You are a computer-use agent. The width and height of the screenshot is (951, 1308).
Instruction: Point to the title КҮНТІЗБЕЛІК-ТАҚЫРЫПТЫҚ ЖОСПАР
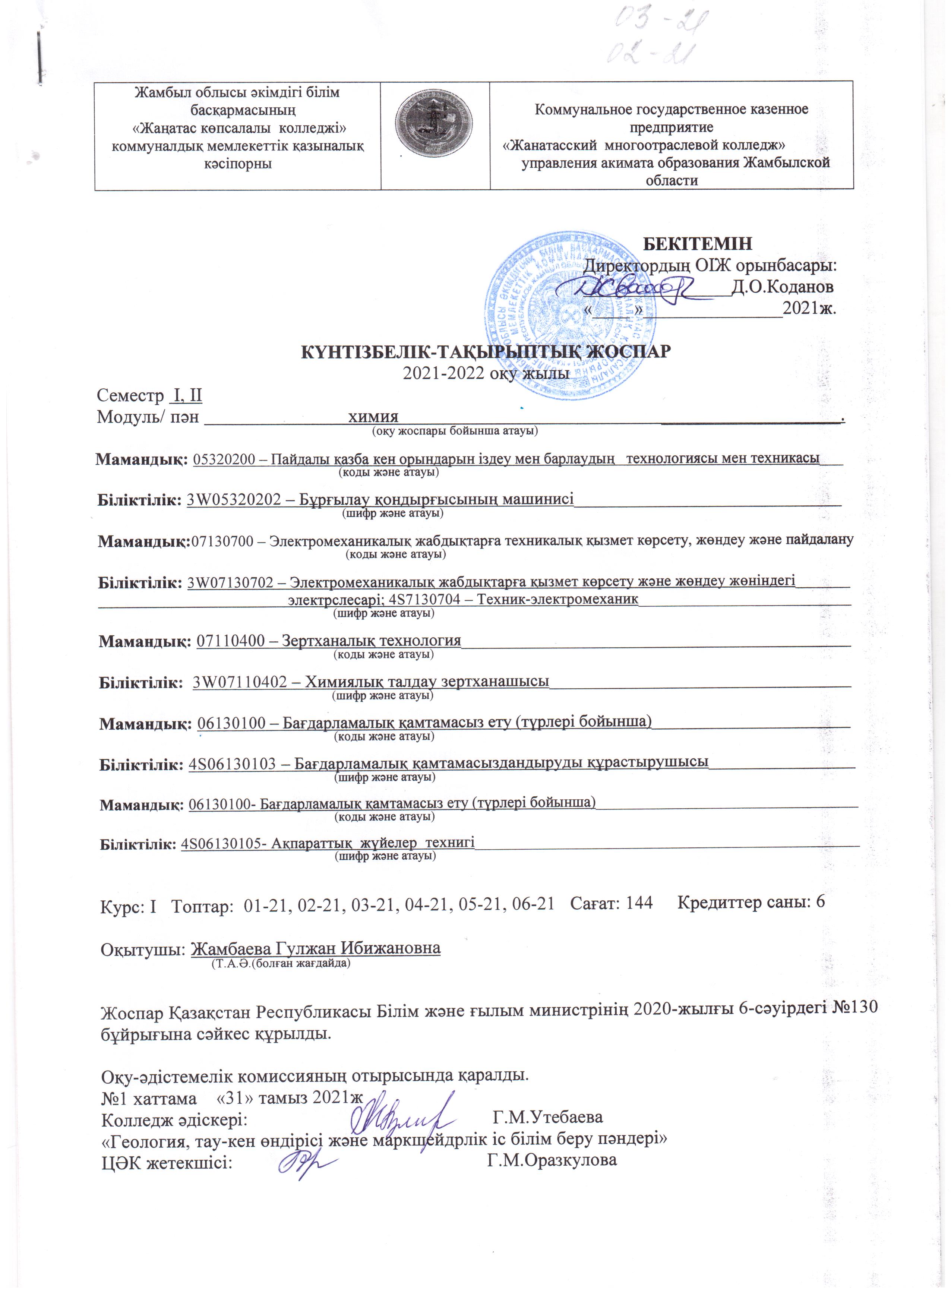[486, 351]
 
